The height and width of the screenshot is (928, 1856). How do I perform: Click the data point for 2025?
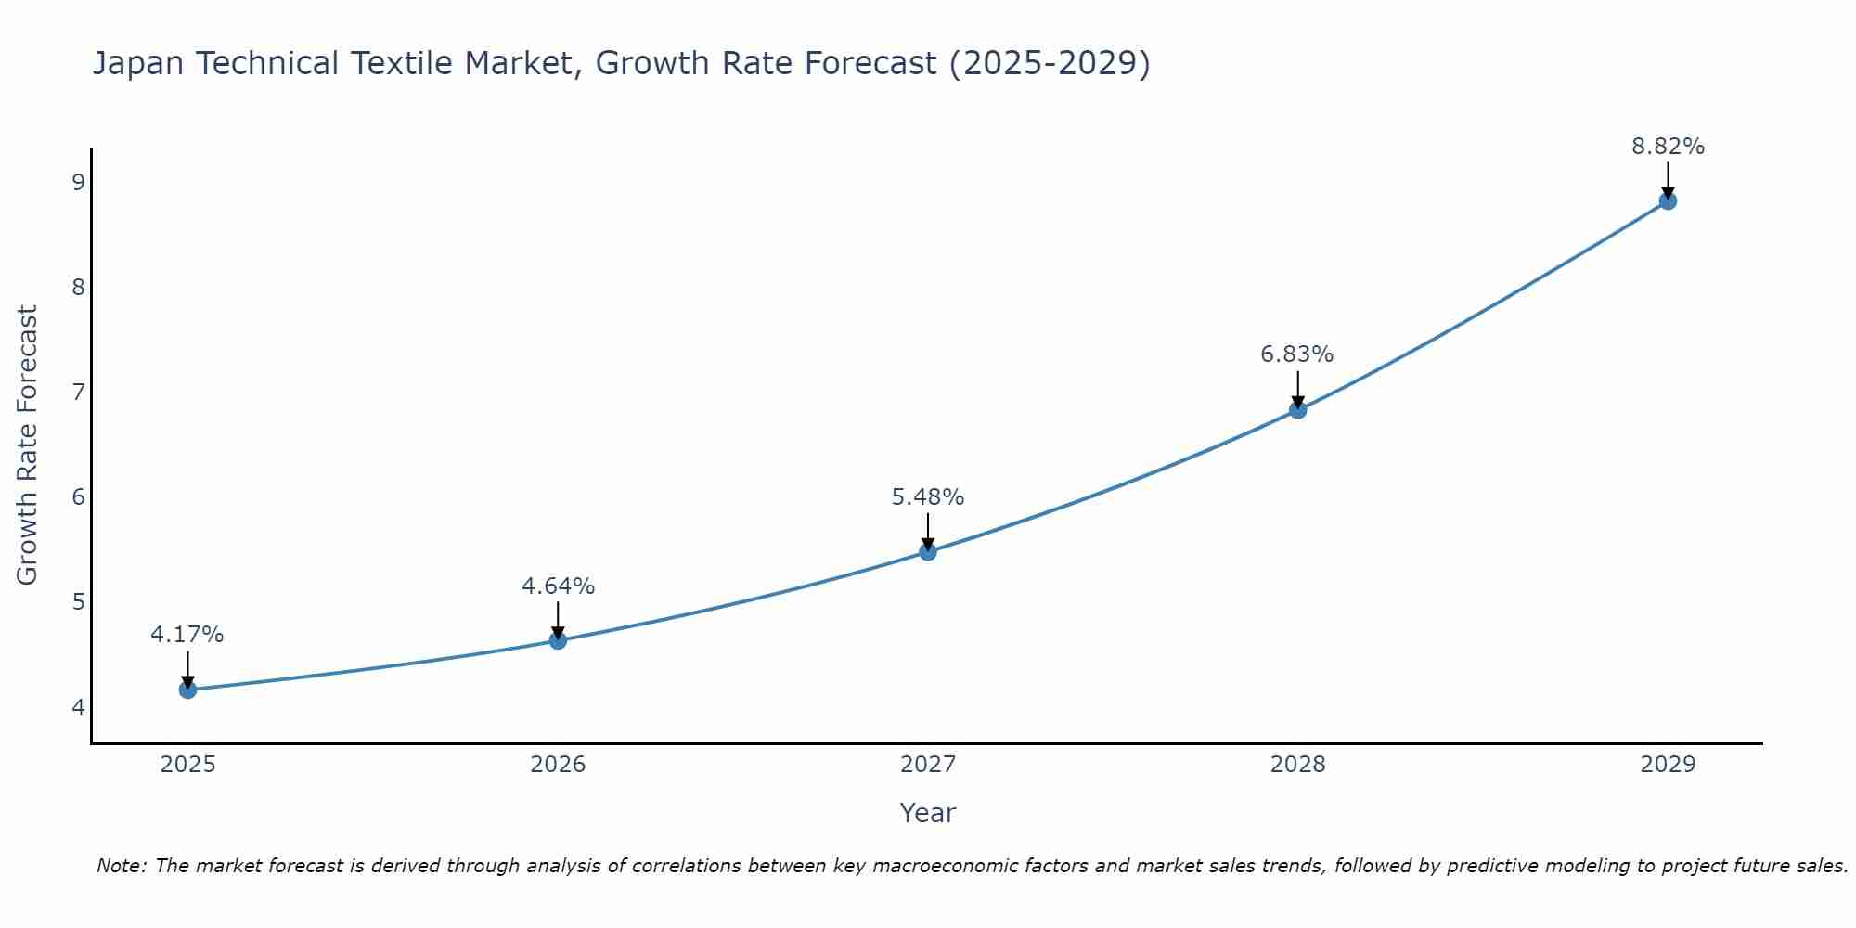(x=187, y=690)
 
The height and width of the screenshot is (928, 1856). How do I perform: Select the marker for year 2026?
(x=558, y=640)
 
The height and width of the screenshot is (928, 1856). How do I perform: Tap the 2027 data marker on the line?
(x=928, y=552)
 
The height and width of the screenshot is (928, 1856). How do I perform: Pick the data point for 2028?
(x=1297, y=410)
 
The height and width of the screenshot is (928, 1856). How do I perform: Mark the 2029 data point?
(x=1668, y=201)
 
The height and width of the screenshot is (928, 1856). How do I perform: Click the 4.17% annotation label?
(x=187, y=635)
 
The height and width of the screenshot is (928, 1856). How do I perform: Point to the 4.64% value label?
(x=558, y=586)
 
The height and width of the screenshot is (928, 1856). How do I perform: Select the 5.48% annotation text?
(x=928, y=497)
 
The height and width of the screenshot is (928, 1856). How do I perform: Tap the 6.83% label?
(x=1297, y=354)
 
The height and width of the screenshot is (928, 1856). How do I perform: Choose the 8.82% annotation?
(x=1668, y=147)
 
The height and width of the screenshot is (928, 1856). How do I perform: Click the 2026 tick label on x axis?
(x=558, y=765)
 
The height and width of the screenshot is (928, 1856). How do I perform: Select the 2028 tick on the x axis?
(x=1297, y=765)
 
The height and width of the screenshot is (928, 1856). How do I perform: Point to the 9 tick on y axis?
(x=78, y=182)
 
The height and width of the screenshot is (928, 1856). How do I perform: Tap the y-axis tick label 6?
(x=78, y=497)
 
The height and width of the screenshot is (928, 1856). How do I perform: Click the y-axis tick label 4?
(x=78, y=707)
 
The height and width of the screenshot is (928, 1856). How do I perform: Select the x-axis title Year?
(x=928, y=813)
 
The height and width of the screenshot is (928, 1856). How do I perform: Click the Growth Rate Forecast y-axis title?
(x=28, y=445)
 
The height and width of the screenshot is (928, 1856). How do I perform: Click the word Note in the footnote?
(x=121, y=866)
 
